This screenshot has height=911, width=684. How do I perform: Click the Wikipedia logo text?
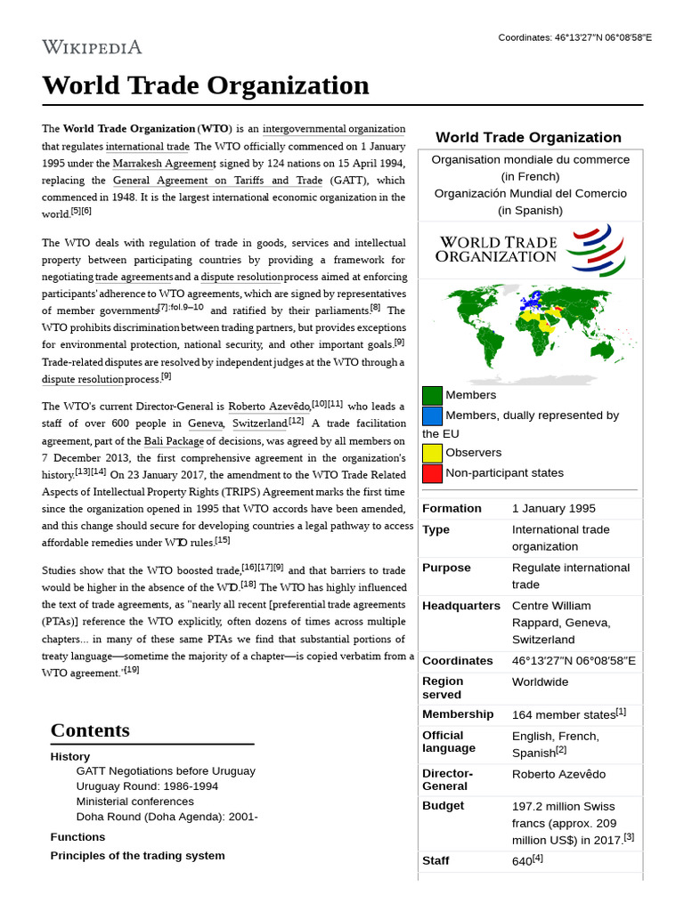click(x=92, y=47)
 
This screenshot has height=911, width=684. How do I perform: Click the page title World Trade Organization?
click(x=205, y=85)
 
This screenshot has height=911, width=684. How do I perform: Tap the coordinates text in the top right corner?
click(x=574, y=37)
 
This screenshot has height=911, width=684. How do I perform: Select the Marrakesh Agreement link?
click(x=164, y=163)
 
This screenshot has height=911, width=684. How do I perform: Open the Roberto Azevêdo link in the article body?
click(x=269, y=407)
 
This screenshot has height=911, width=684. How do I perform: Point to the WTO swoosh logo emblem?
click(x=598, y=249)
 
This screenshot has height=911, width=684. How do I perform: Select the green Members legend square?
click(x=432, y=395)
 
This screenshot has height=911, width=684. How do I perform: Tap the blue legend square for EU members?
click(x=432, y=415)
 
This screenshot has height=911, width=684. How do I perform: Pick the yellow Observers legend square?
click(x=432, y=453)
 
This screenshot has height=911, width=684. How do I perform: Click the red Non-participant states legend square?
click(x=432, y=473)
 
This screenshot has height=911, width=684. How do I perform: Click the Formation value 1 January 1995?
click(x=553, y=508)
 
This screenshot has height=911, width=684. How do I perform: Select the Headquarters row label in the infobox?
click(x=460, y=606)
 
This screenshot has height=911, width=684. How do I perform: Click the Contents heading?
click(x=90, y=730)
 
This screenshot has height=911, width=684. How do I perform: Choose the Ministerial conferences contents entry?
click(x=134, y=802)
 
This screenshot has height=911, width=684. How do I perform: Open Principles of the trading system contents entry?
click(x=137, y=856)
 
